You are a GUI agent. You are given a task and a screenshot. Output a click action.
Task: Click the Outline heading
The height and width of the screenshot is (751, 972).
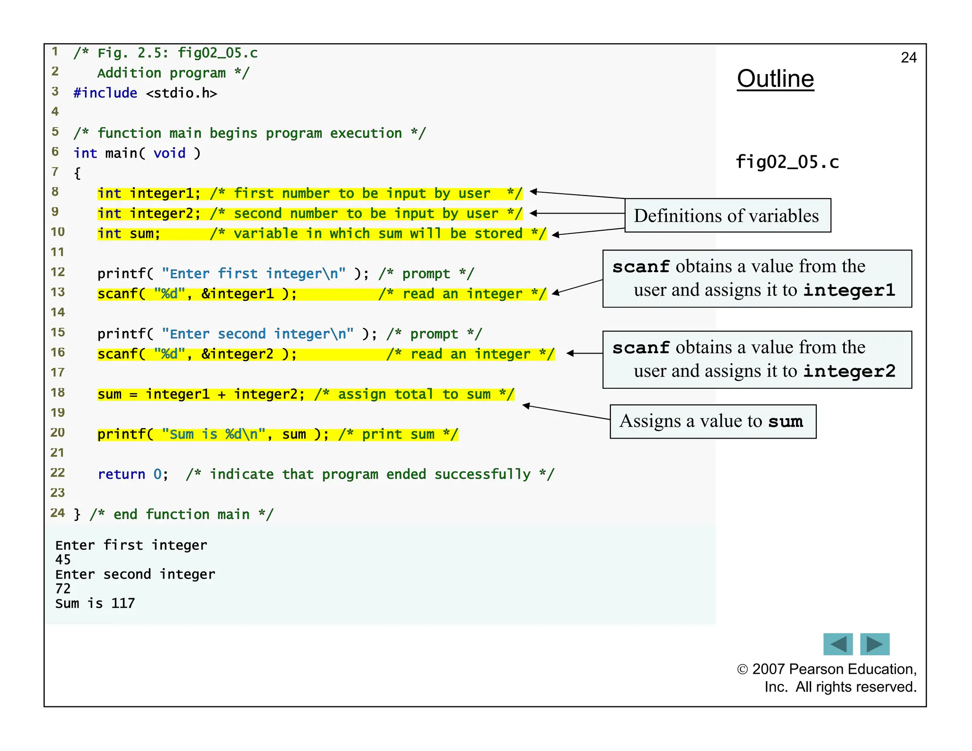coord(775,79)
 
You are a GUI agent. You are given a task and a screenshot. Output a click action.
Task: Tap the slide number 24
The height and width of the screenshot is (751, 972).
coord(908,57)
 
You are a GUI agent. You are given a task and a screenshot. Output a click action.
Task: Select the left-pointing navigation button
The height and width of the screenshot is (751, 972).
coord(838,644)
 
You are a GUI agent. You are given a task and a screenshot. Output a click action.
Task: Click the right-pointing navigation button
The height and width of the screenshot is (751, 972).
coord(875,644)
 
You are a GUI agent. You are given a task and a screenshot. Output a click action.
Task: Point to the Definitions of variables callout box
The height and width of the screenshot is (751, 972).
coord(727,216)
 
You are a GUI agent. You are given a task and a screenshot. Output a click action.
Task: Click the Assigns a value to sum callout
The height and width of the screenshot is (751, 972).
coord(712,422)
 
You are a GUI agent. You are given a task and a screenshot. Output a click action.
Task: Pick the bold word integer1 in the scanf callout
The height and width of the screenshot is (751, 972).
coord(849,290)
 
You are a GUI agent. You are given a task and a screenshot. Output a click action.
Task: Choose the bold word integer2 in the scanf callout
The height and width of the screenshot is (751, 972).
coord(849,371)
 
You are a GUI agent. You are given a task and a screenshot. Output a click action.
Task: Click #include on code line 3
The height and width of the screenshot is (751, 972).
coord(105,93)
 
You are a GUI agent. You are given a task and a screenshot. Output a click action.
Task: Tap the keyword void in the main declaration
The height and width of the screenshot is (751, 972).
coord(169,153)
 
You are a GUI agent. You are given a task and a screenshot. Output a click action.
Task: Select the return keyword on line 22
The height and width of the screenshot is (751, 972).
coord(121,474)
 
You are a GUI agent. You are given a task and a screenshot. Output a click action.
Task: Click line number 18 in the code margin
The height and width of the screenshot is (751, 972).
coord(57,393)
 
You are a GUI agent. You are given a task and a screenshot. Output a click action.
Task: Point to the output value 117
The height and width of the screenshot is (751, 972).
coord(123,603)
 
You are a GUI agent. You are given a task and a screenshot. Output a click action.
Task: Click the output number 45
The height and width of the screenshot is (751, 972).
coord(63,560)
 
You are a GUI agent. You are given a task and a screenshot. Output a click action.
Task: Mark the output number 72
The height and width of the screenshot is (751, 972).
coord(63,589)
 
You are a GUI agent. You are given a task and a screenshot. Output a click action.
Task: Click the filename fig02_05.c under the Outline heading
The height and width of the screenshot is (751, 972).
coord(787,162)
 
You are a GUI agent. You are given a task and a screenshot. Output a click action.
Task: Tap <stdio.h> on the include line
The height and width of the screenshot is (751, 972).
coord(181,93)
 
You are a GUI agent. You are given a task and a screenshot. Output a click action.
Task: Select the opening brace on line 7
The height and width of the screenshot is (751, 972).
coord(77,173)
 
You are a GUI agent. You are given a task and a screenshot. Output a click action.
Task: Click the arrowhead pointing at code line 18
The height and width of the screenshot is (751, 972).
coord(525,405)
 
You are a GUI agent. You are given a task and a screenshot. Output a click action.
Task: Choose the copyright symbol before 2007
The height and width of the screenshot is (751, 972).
coord(742,669)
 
